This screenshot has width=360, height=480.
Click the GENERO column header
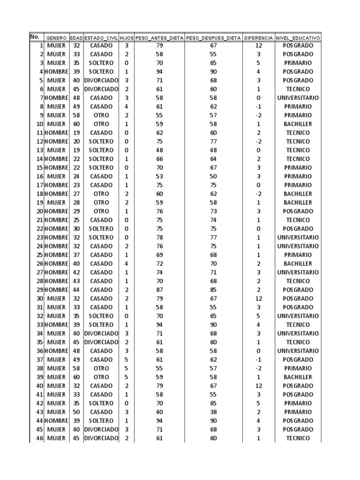pos(56,37)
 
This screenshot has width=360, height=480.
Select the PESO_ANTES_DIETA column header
pos(159,37)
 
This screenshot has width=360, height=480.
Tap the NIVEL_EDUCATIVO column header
pos(298,37)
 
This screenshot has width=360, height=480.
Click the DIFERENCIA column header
pos(258,37)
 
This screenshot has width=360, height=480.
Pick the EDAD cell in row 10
pos(76,124)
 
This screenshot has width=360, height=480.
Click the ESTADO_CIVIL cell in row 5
pos(101,81)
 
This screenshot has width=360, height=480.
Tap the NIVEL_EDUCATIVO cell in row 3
pos(298,63)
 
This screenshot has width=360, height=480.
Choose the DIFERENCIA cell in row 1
pos(259,45)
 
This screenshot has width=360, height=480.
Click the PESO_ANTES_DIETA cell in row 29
pos(159,290)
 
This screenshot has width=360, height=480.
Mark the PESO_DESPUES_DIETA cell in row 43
pos(213,412)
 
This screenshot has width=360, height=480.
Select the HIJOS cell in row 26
pos(127,264)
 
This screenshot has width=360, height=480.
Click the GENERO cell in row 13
pos(56,150)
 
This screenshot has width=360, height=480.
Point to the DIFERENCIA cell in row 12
pos(259,142)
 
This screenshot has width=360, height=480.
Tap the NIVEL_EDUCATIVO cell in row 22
pos(298,229)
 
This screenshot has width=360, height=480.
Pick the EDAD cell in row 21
pos(76,220)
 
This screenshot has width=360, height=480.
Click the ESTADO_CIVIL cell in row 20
pos(101,211)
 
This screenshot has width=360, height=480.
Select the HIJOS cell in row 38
pos(127,368)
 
